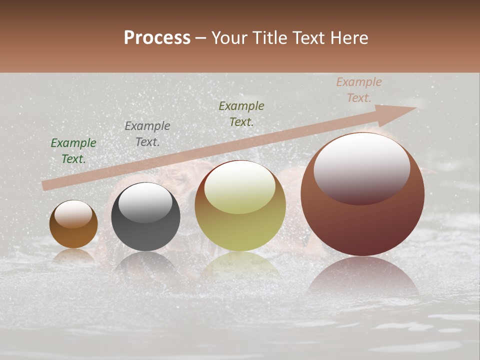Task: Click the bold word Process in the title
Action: point(157,38)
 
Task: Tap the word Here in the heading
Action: point(348,38)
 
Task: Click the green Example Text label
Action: point(73,151)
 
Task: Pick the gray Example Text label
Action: point(147,134)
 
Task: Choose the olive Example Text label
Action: point(241,114)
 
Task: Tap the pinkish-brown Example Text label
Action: point(359,90)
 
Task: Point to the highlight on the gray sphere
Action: point(145,202)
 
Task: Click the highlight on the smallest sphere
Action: point(73,214)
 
